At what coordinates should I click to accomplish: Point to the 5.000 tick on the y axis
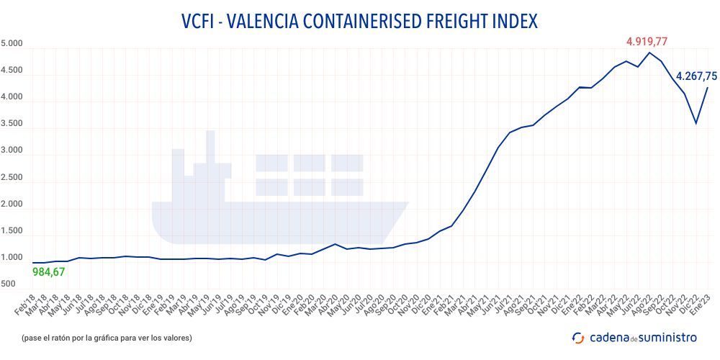click(12, 44)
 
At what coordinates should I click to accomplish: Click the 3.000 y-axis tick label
click(12, 151)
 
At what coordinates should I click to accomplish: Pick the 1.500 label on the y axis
click(12, 231)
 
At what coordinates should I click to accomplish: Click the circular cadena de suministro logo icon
click(578, 337)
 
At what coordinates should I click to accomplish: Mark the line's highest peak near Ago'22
click(649, 53)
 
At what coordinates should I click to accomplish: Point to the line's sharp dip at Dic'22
click(696, 123)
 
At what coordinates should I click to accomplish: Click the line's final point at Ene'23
click(707, 88)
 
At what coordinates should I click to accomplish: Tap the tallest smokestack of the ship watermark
click(210, 144)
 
